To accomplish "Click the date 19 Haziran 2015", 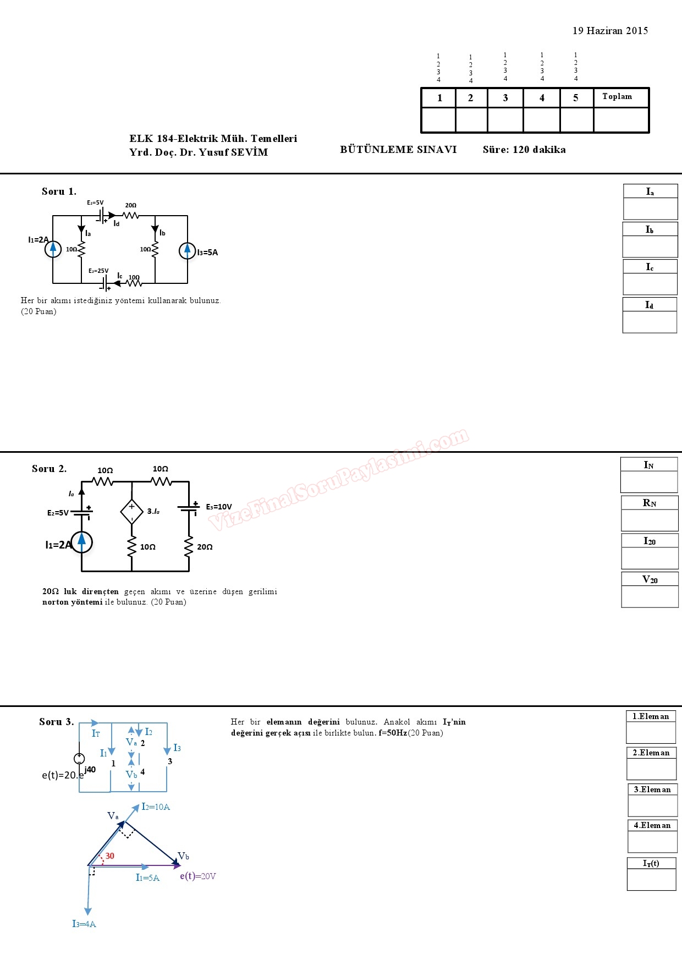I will (x=610, y=31).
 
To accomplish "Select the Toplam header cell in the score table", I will (x=617, y=97).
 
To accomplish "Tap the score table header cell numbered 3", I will (x=505, y=98).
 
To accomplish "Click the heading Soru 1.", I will (x=59, y=191).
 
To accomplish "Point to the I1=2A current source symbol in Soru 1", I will (x=53, y=249).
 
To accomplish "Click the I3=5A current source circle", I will (x=188, y=251).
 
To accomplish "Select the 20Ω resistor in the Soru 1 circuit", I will (x=131, y=215).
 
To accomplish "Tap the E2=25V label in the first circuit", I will (x=98, y=271).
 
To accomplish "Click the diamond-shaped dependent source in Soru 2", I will (x=131, y=512).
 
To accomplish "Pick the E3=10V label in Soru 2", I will (x=219, y=507).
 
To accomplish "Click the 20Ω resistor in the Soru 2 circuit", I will (x=189, y=546).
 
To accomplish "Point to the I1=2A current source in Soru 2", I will (x=81, y=542).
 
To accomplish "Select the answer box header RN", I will (x=650, y=503).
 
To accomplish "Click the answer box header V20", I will (x=650, y=579).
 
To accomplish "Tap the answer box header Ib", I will (x=650, y=229).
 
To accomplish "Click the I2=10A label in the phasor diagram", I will (x=156, y=807).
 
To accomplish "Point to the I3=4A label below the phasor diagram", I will (x=84, y=924).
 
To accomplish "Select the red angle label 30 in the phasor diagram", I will (x=110, y=856).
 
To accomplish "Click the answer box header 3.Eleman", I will (x=652, y=789).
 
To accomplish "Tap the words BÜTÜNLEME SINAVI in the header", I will (x=398, y=150).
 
